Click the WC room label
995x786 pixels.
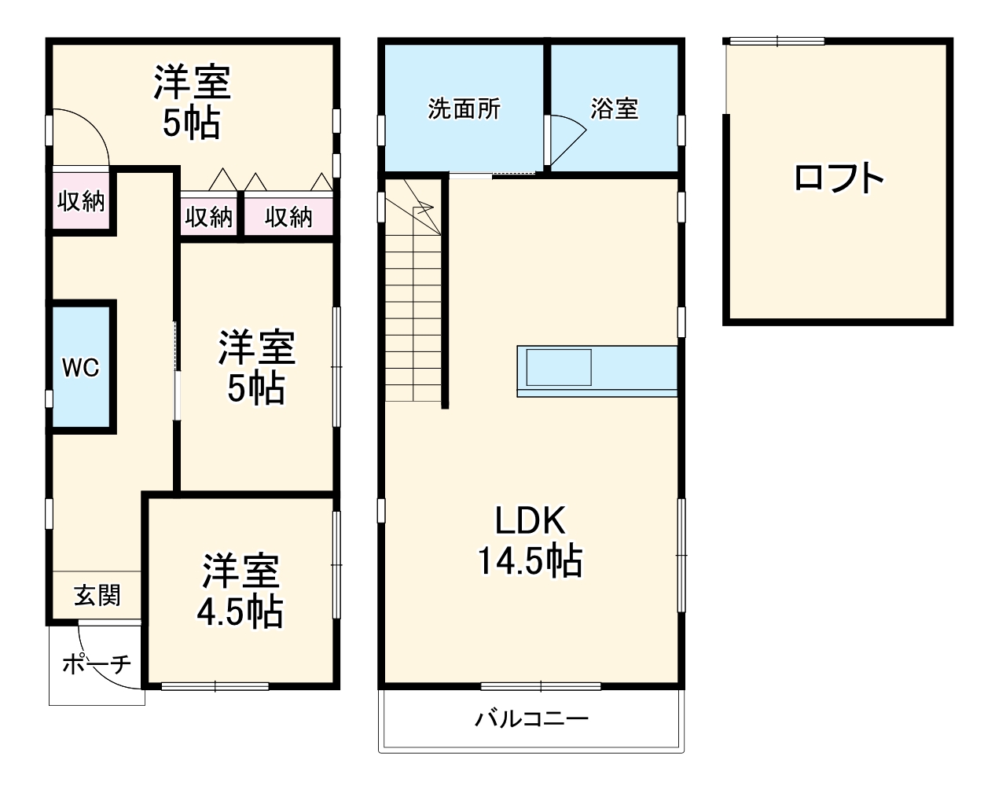(x=81, y=367)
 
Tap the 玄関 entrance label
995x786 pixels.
(x=97, y=595)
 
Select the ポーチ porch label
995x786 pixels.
(x=96, y=665)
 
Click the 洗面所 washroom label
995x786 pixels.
(x=464, y=108)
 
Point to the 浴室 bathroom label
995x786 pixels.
(x=614, y=108)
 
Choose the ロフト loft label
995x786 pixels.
(x=839, y=178)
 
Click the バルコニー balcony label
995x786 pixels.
(x=531, y=718)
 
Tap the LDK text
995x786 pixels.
(x=530, y=521)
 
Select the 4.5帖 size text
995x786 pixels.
(x=240, y=612)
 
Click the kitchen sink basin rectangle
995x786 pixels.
(x=559, y=368)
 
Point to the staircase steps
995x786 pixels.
(x=413, y=314)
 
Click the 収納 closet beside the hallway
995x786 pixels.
(x=81, y=201)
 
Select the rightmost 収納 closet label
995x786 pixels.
(x=288, y=216)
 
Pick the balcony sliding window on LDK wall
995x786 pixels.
(x=541, y=686)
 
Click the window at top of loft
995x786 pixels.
(x=777, y=41)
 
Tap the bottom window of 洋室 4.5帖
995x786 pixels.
(x=215, y=686)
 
